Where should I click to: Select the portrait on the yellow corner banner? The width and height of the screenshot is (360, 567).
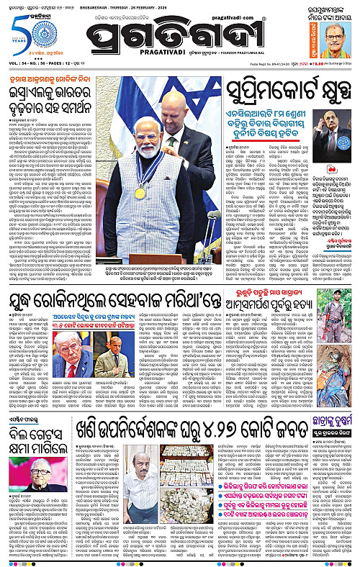340,36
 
